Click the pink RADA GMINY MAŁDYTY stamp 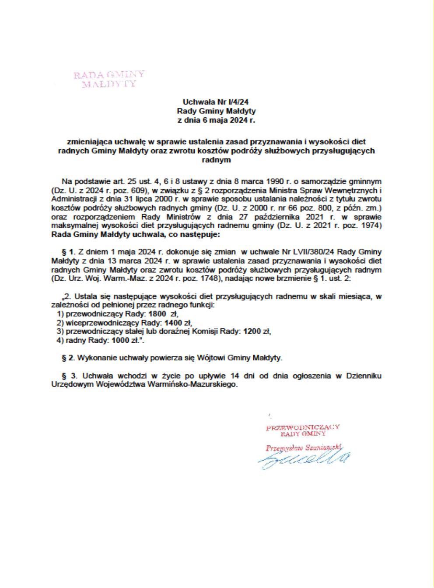[x=109, y=79]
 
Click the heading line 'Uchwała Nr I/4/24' [x=216, y=102]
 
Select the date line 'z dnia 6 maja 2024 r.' [x=216, y=120]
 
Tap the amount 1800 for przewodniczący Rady [x=157, y=314]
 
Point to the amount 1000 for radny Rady [x=121, y=340]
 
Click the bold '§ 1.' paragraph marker [x=70, y=252]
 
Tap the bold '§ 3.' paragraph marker [x=70, y=376]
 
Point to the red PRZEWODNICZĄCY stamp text [x=303, y=427]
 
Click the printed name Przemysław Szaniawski [x=302, y=447]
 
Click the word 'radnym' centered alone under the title [x=216, y=160]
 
